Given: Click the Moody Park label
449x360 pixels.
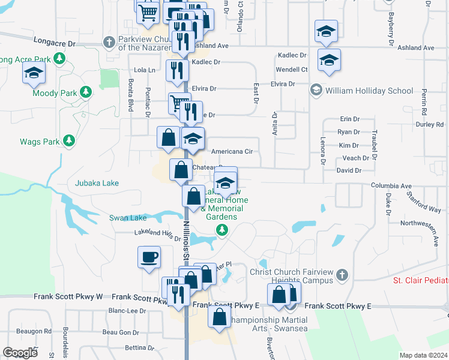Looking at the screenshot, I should point(55,93).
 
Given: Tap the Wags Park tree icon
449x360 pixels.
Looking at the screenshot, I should point(70,140).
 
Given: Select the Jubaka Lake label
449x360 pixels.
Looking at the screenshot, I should point(97,183).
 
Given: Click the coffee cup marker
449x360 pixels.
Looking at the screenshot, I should point(149,257).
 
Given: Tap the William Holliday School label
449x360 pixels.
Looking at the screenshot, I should point(369,91).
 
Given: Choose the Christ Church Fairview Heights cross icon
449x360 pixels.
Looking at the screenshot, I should point(342,275).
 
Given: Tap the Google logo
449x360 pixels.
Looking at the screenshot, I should point(20,353).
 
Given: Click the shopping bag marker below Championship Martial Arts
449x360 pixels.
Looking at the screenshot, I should point(220,316).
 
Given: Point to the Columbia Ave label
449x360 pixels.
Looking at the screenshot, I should point(391,186).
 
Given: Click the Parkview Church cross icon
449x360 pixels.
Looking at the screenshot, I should point(109,42).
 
